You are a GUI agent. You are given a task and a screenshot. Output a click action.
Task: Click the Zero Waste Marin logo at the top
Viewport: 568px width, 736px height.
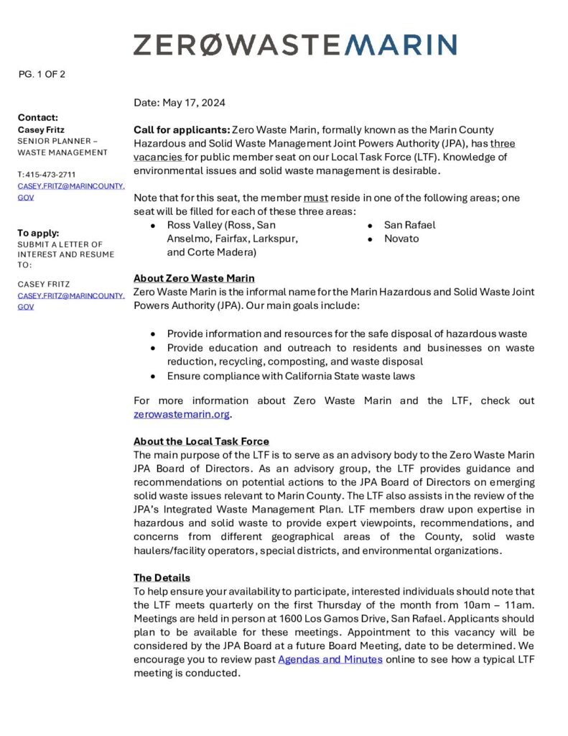point(294,45)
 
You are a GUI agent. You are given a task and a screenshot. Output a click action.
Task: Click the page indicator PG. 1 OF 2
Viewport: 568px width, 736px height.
point(42,73)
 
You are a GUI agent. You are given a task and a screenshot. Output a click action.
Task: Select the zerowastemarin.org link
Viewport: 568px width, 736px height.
point(182,414)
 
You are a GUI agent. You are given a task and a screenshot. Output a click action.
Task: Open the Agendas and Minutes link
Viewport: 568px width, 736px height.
point(330,659)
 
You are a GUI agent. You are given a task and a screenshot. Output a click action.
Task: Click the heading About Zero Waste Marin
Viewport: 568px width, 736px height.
point(194,278)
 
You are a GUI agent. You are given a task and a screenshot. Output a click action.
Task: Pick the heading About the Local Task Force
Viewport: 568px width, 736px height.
point(201,441)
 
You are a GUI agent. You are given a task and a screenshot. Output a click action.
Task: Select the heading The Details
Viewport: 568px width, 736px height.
point(162,577)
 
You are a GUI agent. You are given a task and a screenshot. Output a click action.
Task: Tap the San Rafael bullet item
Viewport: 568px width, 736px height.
point(409,225)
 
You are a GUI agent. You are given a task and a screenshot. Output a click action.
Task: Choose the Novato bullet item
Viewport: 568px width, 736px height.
point(401,239)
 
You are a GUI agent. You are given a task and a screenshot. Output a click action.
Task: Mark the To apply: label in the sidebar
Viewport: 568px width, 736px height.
point(39,233)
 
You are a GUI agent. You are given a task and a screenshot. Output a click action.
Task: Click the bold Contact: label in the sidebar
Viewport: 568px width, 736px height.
point(38,117)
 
